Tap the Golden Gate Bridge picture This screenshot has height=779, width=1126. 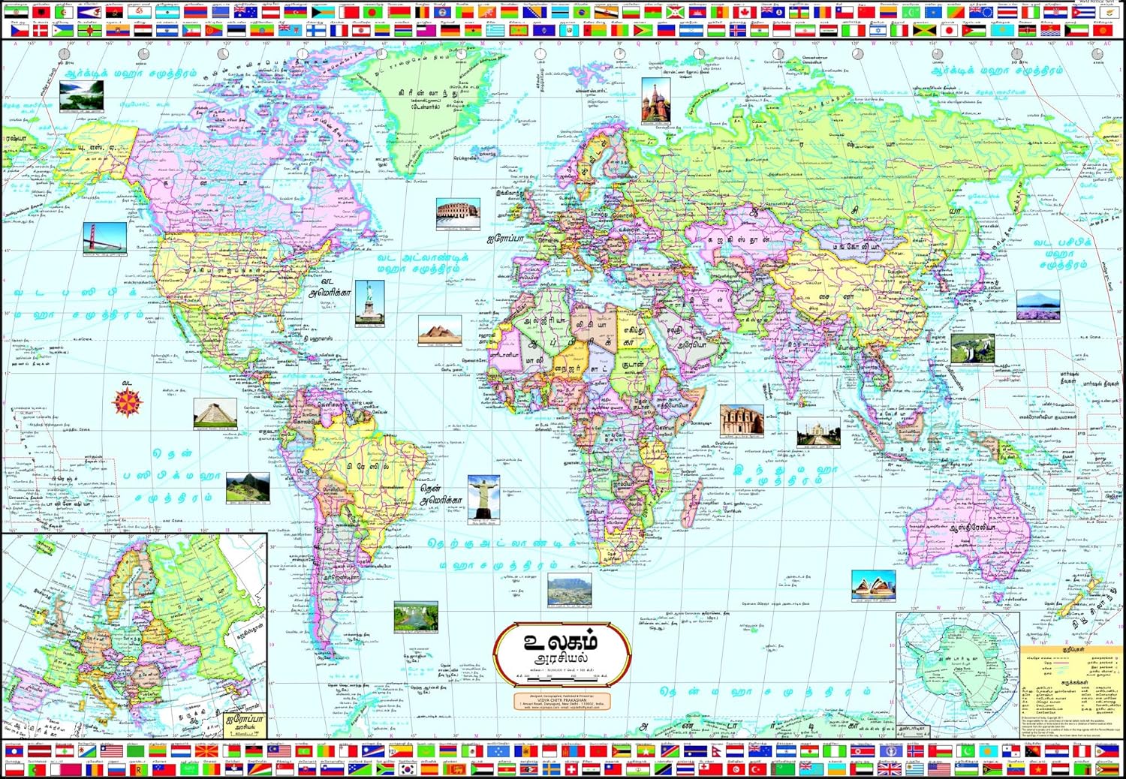tap(105, 238)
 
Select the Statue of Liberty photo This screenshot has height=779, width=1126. tap(369, 302)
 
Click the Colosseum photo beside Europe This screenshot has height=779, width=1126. tap(458, 214)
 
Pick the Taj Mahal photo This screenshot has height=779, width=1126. tap(818, 432)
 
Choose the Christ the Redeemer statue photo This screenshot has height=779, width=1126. tap(483, 497)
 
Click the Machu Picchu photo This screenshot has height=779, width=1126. tap(248, 488)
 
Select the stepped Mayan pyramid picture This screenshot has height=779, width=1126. tap(215, 414)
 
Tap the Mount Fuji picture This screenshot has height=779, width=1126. tap(1038, 305)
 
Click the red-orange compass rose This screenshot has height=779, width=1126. tap(128, 402)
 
